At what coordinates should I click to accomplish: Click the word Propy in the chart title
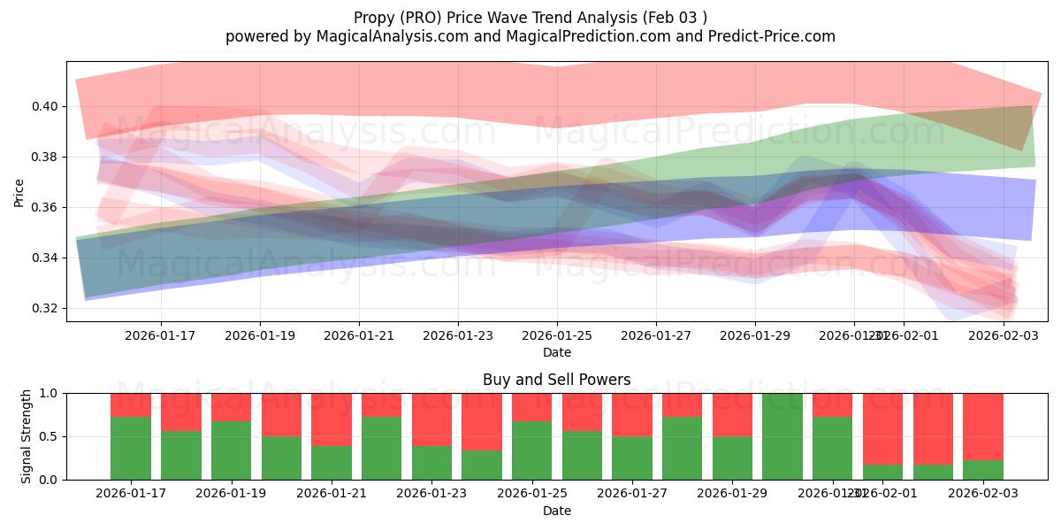point(373,18)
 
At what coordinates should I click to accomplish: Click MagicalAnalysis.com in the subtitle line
point(385,36)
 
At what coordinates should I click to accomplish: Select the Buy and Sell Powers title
point(556,380)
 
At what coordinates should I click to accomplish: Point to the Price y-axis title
point(19,191)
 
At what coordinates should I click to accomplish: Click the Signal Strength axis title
point(27,436)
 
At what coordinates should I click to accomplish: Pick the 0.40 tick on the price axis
point(44,106)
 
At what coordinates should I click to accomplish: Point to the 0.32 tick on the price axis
point(44,309)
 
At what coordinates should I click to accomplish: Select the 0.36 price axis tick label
point(44,208)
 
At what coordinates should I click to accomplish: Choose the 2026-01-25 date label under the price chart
point(556,336)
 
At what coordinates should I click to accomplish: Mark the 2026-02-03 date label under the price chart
point(1003,336)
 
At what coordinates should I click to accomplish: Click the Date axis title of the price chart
point(556,352)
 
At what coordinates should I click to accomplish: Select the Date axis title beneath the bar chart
point(556,511)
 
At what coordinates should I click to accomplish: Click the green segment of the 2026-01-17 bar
point(130,448)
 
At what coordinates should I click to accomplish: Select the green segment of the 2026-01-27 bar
point(632,458)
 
